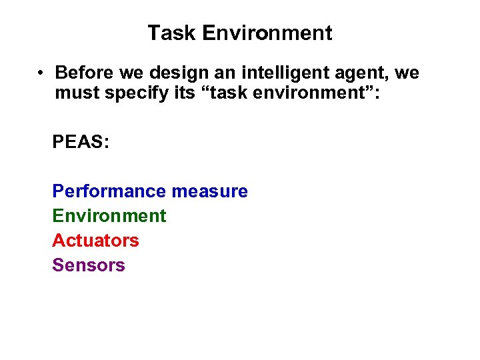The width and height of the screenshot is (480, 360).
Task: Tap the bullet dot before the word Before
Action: point(41,73)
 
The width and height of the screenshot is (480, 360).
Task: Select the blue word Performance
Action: point(109,191)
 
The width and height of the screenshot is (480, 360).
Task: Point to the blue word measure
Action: point(209,191)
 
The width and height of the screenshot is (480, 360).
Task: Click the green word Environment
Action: point(109,216)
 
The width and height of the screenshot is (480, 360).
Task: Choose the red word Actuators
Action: point(95,240)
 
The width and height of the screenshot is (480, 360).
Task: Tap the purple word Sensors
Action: point(89,265)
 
